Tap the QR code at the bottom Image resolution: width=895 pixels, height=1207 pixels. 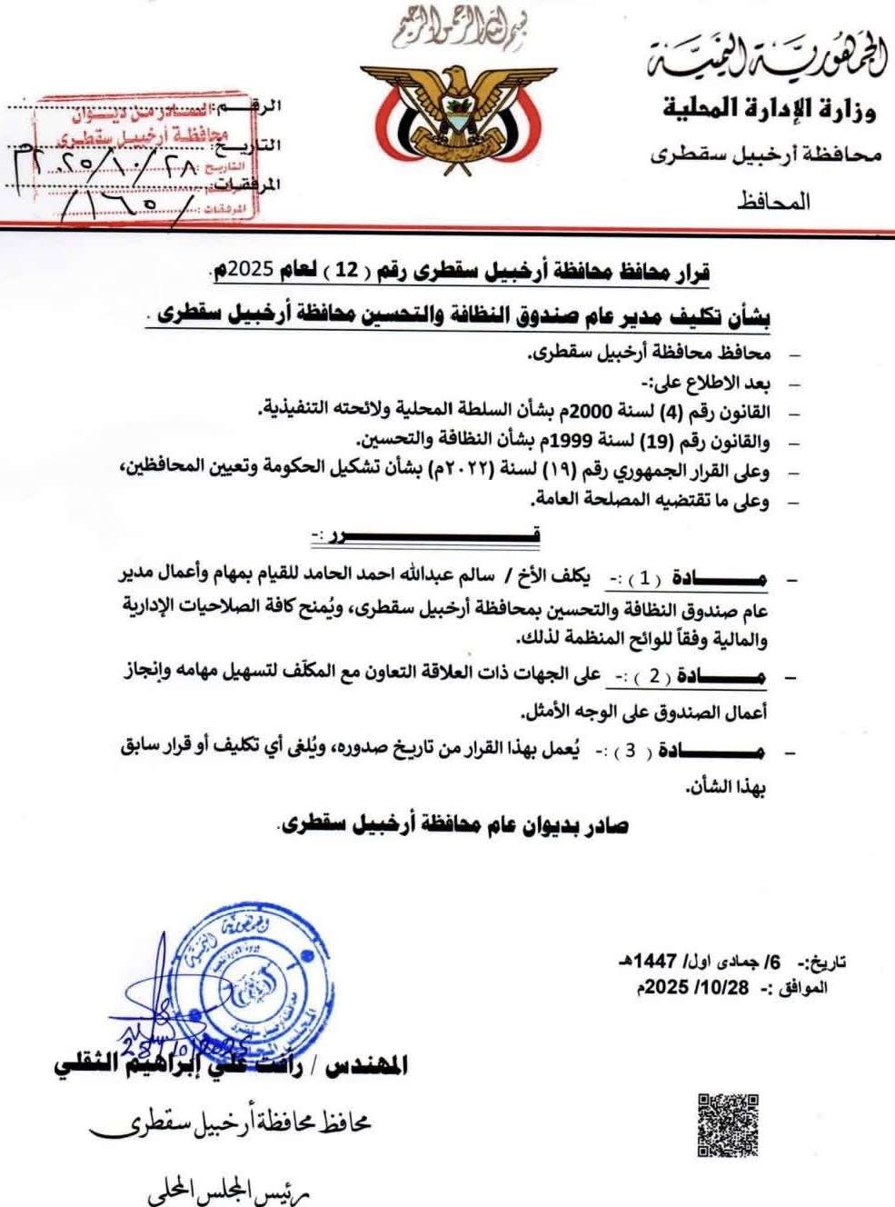728,1125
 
